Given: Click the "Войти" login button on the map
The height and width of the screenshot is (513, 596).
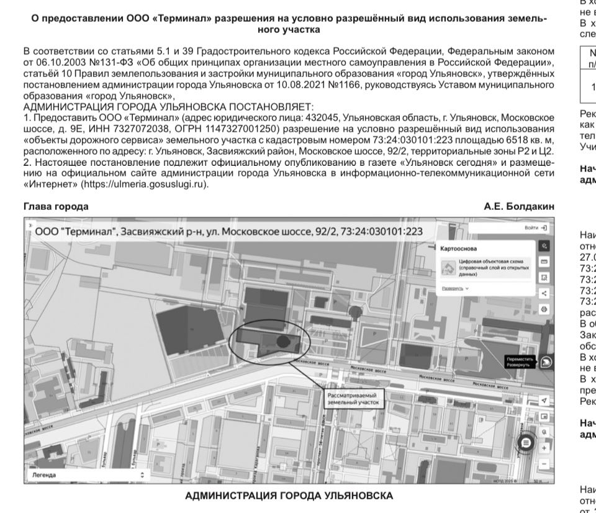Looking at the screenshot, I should [535, 228].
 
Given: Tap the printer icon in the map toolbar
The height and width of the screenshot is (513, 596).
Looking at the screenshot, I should [544, 309].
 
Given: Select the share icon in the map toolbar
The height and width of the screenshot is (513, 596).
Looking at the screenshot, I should [544, 293].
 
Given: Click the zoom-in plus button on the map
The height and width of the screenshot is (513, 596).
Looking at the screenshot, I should [544, 447].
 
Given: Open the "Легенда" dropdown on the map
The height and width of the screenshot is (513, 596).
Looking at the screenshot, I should [88, 475].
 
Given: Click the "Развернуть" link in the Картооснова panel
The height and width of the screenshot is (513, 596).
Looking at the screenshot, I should [455, 289].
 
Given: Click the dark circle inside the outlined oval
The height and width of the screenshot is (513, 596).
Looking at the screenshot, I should [282, 340].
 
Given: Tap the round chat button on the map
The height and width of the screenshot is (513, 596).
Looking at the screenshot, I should [525, 442].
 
